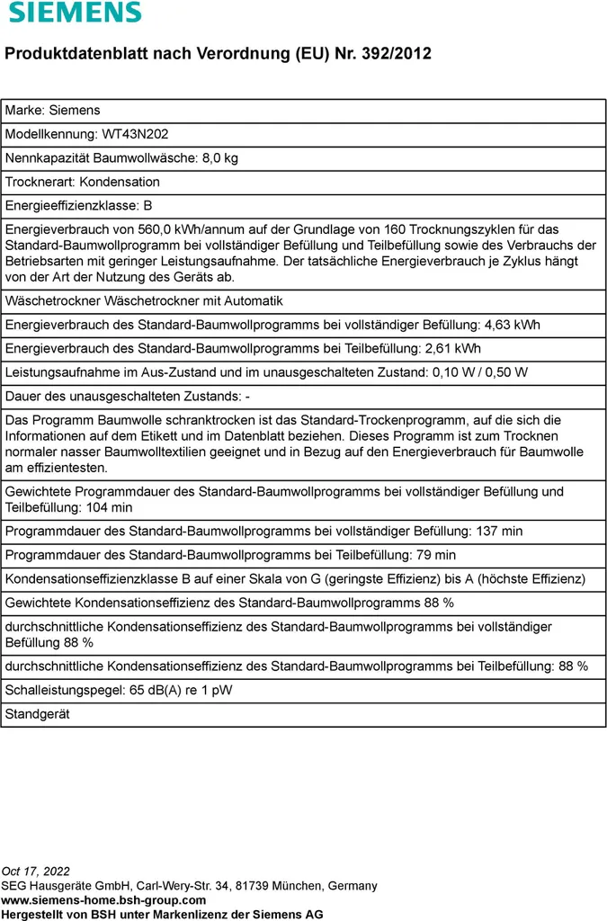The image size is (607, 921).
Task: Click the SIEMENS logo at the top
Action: coord(76,13)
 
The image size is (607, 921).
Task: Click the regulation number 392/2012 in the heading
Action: coord(396,54)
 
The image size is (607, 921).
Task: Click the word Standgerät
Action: coord(38,714)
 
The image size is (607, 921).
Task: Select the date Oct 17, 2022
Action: coord(36,872)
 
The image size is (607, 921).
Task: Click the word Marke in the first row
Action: coord(23,111)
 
